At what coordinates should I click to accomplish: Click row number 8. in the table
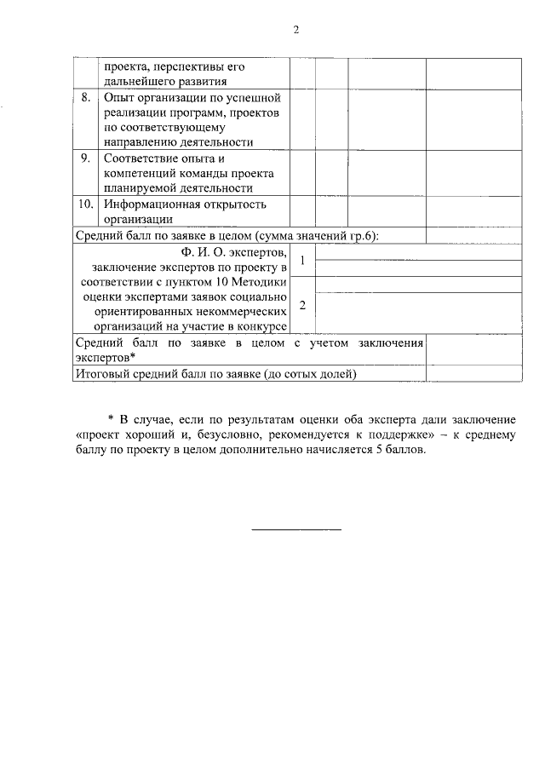(x=86, y=97)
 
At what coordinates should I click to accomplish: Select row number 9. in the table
(x=86, y=158)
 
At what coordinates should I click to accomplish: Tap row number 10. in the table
(x=85, y=204)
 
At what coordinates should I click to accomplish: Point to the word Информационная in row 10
(x=147, y=204)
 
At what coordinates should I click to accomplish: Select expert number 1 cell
(x=302, y=261)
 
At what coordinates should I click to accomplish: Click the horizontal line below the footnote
(x=296, y=530)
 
